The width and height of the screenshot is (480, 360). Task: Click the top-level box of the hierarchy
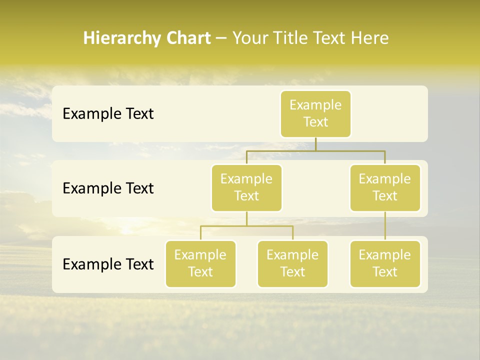315,114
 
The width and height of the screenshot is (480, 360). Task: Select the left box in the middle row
246,187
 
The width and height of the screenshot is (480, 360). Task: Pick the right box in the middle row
385,187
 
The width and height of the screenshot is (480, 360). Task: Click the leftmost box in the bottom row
200,263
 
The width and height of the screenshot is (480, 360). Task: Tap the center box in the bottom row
292,263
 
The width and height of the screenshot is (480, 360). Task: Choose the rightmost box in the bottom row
385,263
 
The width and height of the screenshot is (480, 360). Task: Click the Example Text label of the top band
108,114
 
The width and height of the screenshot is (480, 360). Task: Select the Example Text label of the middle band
108,188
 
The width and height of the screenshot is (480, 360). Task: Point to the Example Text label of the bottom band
108,264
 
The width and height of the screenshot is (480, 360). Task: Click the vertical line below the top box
315,144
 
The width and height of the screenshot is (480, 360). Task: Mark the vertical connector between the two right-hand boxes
385,226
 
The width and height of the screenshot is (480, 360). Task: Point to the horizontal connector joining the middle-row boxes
350,150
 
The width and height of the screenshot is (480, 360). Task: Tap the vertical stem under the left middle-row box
246,218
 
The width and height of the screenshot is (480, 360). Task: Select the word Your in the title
250,38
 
